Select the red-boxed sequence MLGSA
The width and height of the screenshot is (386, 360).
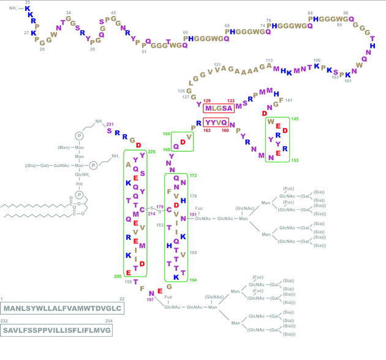point(219,108)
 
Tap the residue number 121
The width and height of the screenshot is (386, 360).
point(218,64)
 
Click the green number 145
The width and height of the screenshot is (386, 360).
point(295,119)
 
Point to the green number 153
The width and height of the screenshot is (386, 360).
point(295,160)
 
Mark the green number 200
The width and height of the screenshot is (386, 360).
point(118,277)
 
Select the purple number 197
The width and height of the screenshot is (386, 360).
point(149,300)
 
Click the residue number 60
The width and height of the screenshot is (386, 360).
point(185,32)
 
